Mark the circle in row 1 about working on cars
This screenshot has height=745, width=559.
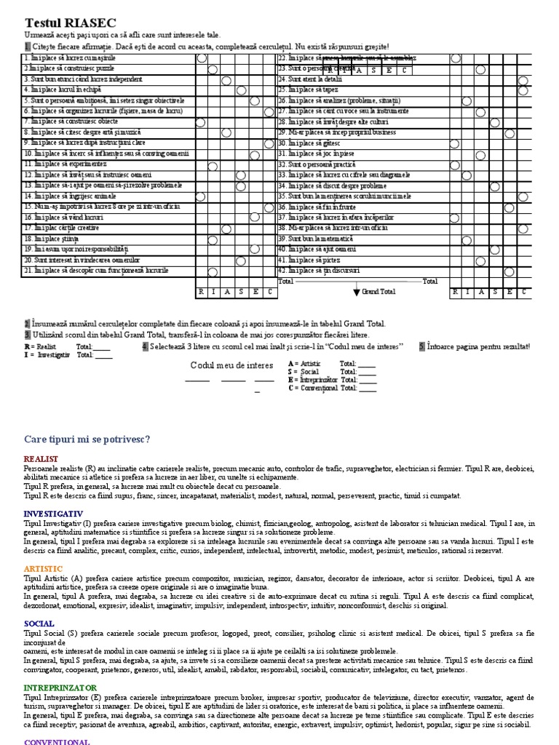(201, 58)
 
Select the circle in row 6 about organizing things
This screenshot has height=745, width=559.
(269, 111)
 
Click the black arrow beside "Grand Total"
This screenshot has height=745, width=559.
(357, 292)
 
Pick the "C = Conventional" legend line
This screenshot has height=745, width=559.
(314, 389)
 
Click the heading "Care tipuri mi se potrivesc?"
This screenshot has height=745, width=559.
(87, 439)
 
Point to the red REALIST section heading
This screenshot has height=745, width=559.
(41, 460)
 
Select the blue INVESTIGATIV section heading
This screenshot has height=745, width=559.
(53, 514)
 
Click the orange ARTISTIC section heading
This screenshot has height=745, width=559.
(43, 568)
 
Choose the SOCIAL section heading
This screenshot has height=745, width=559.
(39, 624)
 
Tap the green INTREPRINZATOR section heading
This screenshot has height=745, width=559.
(62, 688)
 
